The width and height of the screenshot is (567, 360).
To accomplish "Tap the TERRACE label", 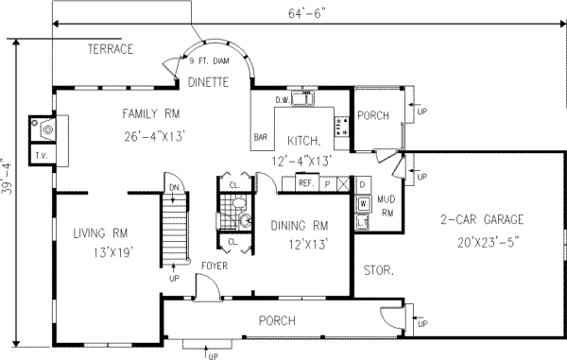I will [111, 49].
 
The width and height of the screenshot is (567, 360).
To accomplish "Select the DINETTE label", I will [207, 82].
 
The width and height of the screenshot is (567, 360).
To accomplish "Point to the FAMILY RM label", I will [151, 114].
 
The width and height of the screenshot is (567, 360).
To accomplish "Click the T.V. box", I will [42, 155].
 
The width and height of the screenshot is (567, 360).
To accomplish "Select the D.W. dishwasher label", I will [282, 99].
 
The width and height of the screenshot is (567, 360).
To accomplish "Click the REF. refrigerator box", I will [306, 184].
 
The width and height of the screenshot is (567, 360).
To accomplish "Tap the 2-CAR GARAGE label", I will [482, 220].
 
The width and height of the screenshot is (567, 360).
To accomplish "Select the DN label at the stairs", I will [173, 187].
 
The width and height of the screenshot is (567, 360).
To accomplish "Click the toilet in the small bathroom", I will [245, 220].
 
